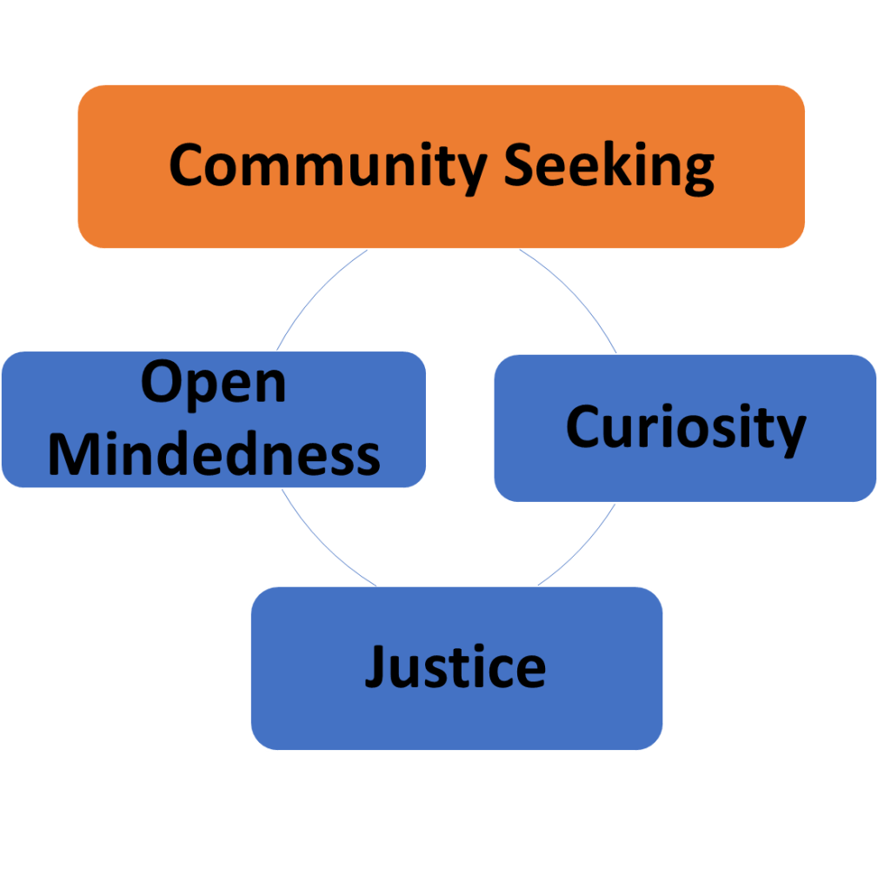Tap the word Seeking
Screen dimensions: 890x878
click(609, 165)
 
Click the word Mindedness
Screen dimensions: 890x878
click(214, 453)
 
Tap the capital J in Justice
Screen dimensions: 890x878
click(375, 668)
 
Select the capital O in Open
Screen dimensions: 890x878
click(162, 382)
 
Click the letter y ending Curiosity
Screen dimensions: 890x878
click(788, 432)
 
